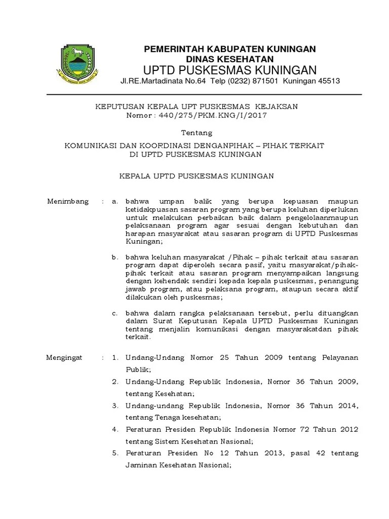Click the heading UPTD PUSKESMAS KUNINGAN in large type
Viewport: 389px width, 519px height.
tap(230, 69)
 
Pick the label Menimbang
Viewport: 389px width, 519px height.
tap(67, 201)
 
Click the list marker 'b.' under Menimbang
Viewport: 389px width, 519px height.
tap(115, 258)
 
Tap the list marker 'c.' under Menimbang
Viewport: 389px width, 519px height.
tap(115, 313)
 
